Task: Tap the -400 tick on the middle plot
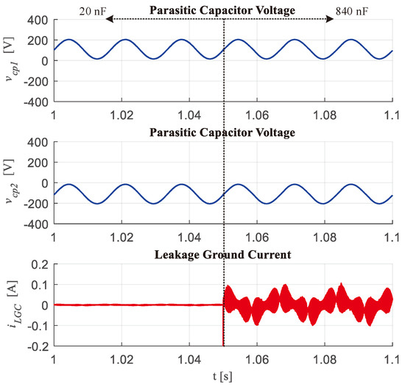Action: point(34,224)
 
